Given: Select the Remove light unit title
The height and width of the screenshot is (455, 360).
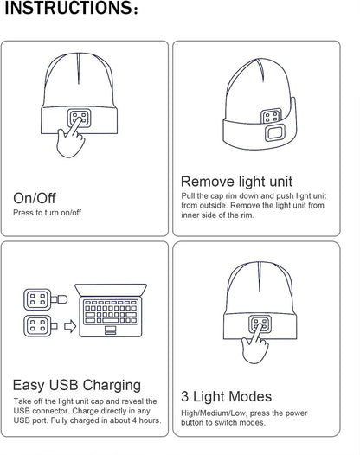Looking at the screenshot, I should click(x=236, y=182).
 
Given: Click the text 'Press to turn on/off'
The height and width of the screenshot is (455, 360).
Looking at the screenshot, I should click(x=48, y=212).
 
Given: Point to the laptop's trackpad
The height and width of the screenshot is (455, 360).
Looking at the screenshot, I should click(x=110, y=331).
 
